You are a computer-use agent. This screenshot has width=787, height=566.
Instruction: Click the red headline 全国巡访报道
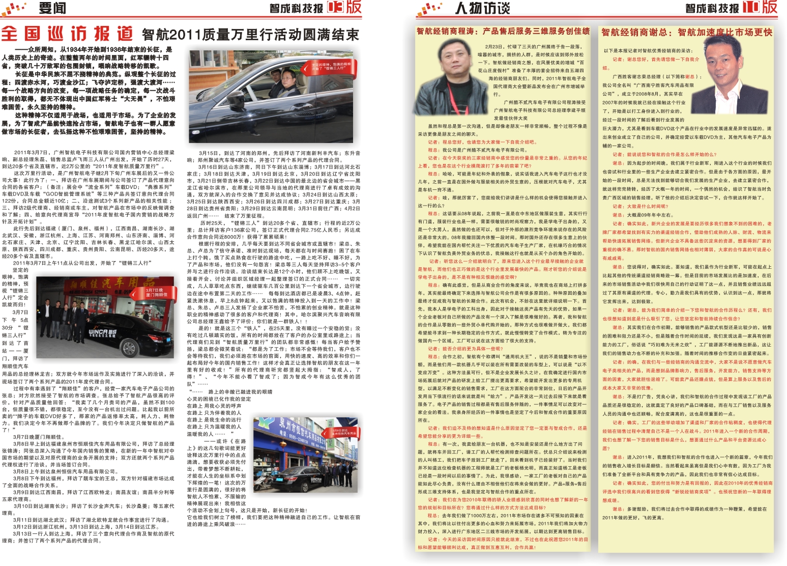tap(67, 34)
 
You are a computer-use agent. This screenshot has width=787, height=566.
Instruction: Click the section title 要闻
tap(52, 8)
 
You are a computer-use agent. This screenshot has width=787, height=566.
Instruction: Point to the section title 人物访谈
tap(482, 8)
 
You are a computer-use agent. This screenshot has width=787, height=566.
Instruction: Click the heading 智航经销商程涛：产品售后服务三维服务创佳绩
tap(503, 32)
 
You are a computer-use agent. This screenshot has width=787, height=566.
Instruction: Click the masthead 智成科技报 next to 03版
tap(296, 8)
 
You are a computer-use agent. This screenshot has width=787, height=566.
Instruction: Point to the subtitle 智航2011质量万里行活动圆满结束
tap(250, 35)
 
